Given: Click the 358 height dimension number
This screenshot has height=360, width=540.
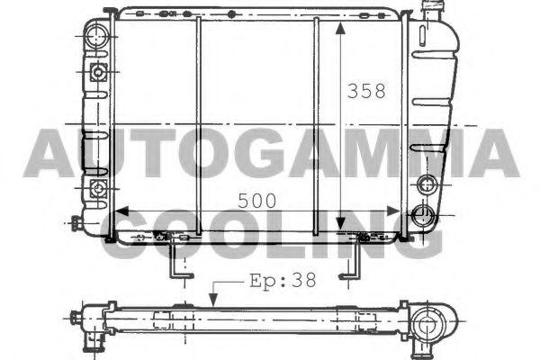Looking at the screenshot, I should coord(366,91).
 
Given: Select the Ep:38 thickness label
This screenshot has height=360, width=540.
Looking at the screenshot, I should coord(280,280).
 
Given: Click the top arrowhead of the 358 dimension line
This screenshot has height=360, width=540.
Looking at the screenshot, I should coord(340,29).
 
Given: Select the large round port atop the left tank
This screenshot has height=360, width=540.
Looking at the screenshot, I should coord(96,38).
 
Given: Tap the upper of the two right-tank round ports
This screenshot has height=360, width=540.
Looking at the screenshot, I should coord(427,185).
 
